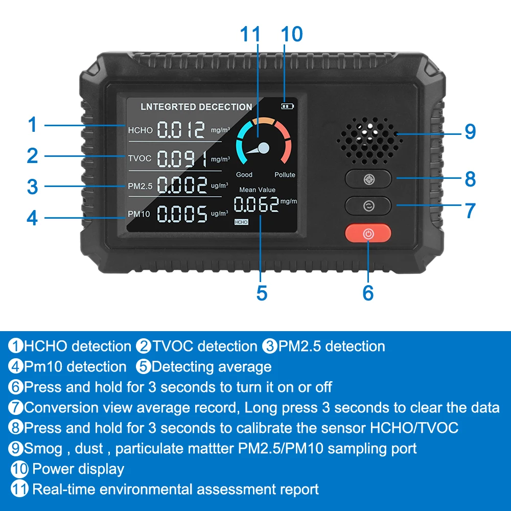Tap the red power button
click(x=368, y=233)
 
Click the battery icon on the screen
click(x=287, y=106)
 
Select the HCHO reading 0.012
click(x=181, y=130)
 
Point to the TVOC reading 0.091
click(x=182, y=159)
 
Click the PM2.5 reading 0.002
click(x=182, y=185)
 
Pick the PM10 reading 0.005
click(x=182, y=214)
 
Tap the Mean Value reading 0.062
click(x=257, y=204)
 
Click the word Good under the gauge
click(x=244, y=175)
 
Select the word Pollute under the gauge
click(x=285, y=175)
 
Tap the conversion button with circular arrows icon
click(x=368, y=205)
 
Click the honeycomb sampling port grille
click(x=369, y=141)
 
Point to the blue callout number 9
click(x=470, y=131)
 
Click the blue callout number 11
click(x=250, y=34)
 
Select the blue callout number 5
click(x=262, y=293)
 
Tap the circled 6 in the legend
click(x=16, y=387)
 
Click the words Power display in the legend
click(x=78, y=469)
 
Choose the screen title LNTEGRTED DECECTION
click(x=196, y=107)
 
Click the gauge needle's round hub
click(x=263, y=148)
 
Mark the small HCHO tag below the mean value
click(x=241, y=222)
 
